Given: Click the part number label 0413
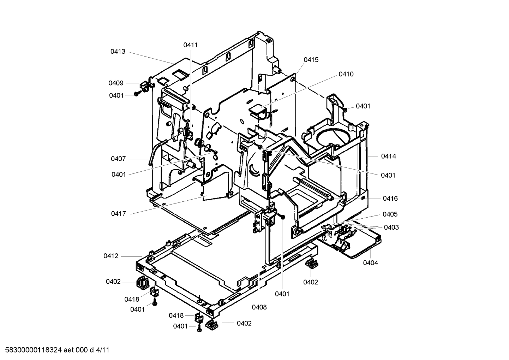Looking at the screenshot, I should pyautogui.click(x=118, y=52).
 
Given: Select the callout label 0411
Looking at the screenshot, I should pyautogui.click(x=190, y=45).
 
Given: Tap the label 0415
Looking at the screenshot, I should pyautogui.click(x=311, y=60).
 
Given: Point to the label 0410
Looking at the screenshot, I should pyautogui.click(x=346, y=74).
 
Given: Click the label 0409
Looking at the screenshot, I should pyautogui.click(x=116, y=83).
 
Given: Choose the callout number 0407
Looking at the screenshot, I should pyautogui.click(x=118, y=159).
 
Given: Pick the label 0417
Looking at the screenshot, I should pyautogui.click(x=118, y=214).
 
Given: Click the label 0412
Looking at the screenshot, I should pyautogui.click(x=111, y=256).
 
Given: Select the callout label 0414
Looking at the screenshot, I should pyautogui.click(x=388, y=156).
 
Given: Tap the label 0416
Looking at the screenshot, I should pyautogui.click(x=390, y=198).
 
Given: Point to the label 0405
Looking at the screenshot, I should pyautogui.click(x=390, y=214).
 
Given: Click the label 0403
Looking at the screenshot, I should pyautogui.click(x=391, y=227).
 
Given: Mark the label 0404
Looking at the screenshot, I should pyautogui.click(x=370, y=263).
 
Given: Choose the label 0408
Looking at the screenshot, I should pyautogui.click(x=259, y=307).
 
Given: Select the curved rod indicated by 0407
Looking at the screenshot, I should pyautogui.click(x=155, y=152).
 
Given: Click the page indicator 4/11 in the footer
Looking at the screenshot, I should pyautogui.click(x=102, y=350).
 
